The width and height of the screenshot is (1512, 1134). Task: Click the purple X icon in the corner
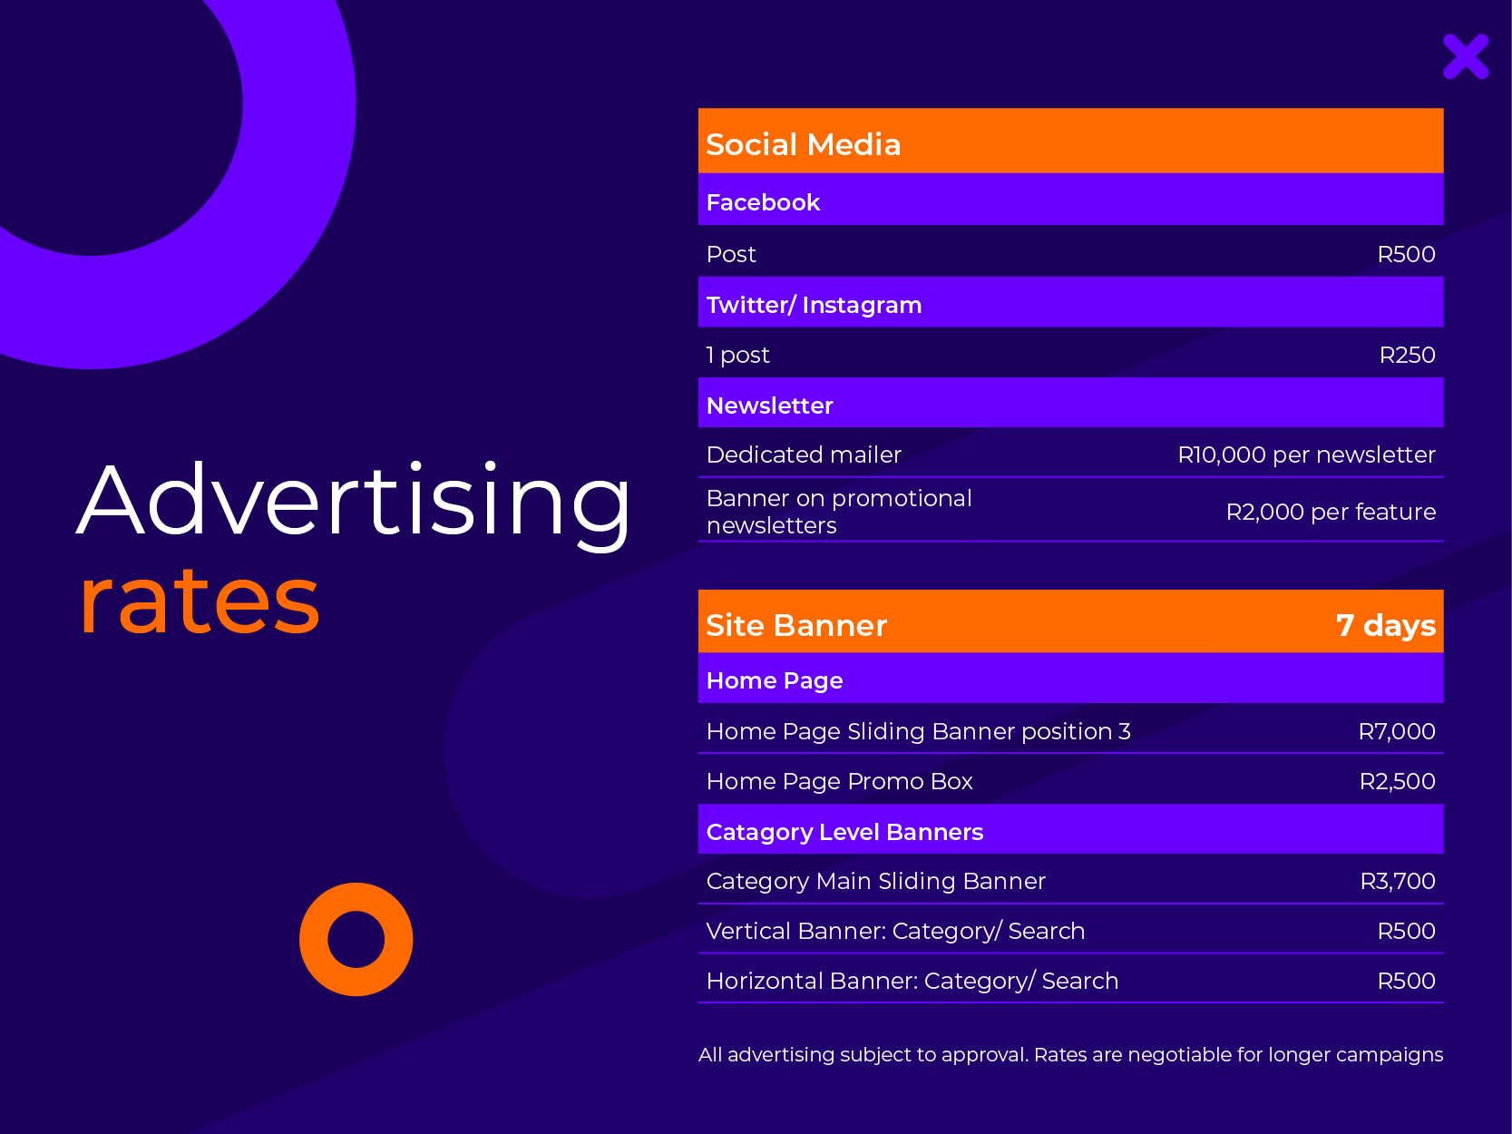(1466, 56)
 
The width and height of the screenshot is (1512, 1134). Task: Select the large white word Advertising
(354, 502)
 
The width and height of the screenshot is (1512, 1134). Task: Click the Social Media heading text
(804, 144)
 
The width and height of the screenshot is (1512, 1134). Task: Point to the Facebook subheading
(763, 202)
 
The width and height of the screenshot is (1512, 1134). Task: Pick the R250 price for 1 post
(1408, 355)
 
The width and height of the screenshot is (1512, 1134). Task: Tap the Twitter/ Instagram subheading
(815, 305)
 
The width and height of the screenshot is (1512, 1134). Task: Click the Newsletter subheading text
(770, 406)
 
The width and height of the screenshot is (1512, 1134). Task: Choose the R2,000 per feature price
(1331, 512)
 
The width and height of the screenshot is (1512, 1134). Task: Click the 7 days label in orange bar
(1386, 626)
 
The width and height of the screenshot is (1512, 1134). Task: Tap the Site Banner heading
(796, 626)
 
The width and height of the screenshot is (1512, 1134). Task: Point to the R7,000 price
(1397, 731)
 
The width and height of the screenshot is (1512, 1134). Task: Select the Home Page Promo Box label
(840, 781)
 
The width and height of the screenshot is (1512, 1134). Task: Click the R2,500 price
(1398, 781)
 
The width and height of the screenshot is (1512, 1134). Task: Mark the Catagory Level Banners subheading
(845, 832)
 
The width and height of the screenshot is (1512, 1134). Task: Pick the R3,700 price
(1399, 881)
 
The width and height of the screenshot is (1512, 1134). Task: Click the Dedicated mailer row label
(804, 455)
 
